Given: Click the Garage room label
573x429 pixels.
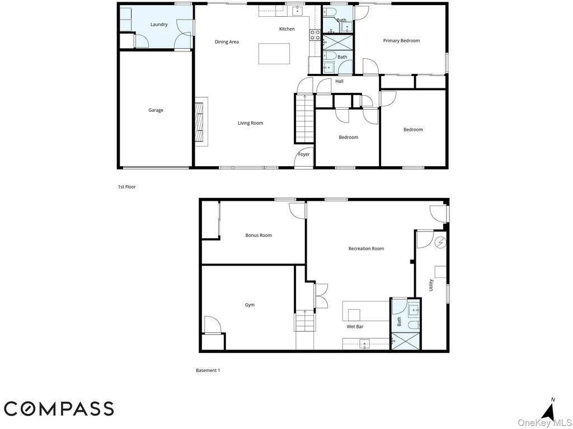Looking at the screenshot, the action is click(156, 110).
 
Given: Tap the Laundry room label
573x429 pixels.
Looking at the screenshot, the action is click(159, 25).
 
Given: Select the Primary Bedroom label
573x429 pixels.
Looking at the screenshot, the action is click(401, 41).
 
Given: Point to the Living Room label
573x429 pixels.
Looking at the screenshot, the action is click(250, 123).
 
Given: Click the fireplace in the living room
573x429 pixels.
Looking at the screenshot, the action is click(201, 122).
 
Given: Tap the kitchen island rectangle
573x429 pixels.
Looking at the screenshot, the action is click(274, 54).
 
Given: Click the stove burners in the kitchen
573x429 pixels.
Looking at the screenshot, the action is click(315, 35).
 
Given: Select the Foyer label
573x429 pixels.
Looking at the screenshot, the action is click(304, 154).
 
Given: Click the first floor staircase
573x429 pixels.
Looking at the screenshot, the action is click(305, 119).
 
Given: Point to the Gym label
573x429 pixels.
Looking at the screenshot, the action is click(250, 305).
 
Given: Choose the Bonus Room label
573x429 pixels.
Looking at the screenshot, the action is click(259, 235).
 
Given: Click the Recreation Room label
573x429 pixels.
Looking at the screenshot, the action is click(366, 248).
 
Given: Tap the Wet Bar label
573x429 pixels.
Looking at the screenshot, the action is click(355, 327).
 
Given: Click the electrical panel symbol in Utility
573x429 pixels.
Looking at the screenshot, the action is click(440, 242).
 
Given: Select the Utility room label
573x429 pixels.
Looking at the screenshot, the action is click(431, 285).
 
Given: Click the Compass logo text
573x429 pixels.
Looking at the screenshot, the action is click(59, 408).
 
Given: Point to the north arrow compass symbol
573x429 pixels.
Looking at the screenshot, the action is click(549, 411).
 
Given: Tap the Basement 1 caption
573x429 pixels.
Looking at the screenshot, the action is click(208, 370).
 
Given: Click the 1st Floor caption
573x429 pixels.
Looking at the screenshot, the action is click(126, 187).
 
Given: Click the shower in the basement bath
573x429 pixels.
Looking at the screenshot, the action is click(405, 341).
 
